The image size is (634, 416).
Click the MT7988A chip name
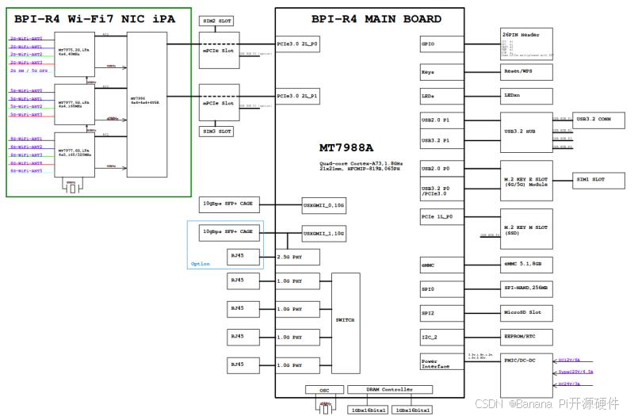coord(346,148)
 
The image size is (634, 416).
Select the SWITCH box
coord(345,319)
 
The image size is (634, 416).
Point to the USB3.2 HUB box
coord(525,132)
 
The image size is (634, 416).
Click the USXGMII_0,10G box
coord(323,205)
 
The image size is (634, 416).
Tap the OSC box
coord(324,390)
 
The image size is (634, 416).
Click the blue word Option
coord(200,264)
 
